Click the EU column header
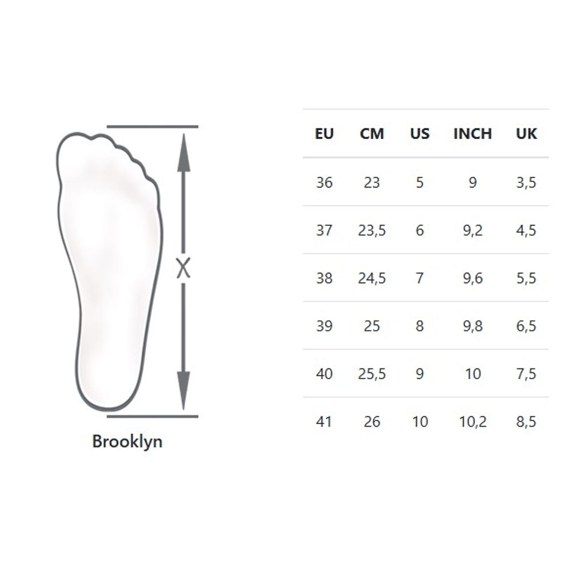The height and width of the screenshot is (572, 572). click(324, 134)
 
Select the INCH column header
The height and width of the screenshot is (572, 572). click(472, 134)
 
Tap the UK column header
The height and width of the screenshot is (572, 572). click(526, 134)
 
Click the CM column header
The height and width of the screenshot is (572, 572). click(372, 134)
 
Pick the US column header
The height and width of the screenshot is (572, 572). click(419, 134)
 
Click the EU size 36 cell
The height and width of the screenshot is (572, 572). click(324, 182)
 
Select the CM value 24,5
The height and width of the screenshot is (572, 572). click(372, 279)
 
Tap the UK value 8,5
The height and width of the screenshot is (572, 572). click(526, 422)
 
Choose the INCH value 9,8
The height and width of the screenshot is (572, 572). click(472, 326)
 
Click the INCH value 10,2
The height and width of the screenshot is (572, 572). click(472, 422)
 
